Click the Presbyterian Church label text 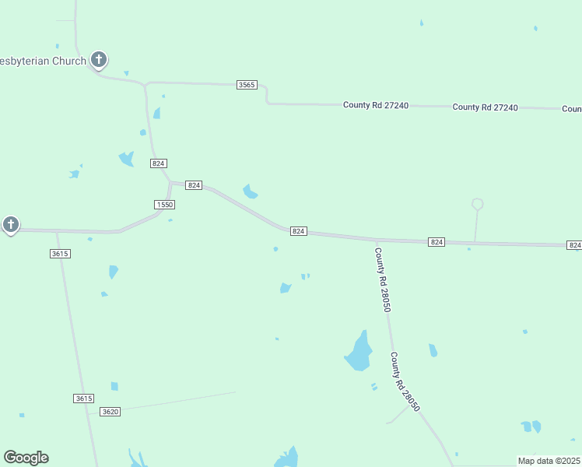click(43, 61)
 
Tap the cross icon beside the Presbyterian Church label click(99, 58)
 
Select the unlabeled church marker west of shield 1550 click(10, 225)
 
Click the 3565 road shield click(247, 84)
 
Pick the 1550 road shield click(164, 204)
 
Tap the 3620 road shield click(110, 411)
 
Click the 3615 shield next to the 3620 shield click(84, 399)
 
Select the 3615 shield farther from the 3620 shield click(60, 254)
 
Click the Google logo click(26, 458)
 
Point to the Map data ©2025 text click(549, 461)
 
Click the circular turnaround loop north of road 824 click(478, 204)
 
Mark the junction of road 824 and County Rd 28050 click(376, 240)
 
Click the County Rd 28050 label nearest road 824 click(382, 280)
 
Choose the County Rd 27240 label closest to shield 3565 click(376, 105)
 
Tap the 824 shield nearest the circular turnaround click(436, 243)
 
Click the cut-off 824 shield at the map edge click(574, 245)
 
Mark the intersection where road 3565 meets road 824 click(145, 83)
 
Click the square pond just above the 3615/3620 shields click(114, 386)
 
